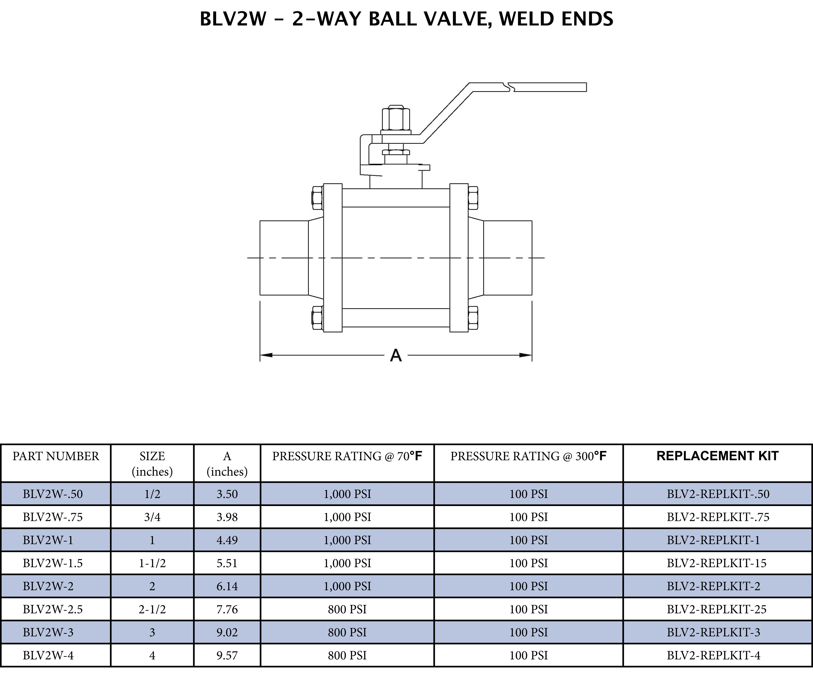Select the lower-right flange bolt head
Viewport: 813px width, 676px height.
click(473, 318)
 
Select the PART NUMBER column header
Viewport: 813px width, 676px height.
click(56, 456)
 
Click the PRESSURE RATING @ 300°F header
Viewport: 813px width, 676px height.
click(528, 456)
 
